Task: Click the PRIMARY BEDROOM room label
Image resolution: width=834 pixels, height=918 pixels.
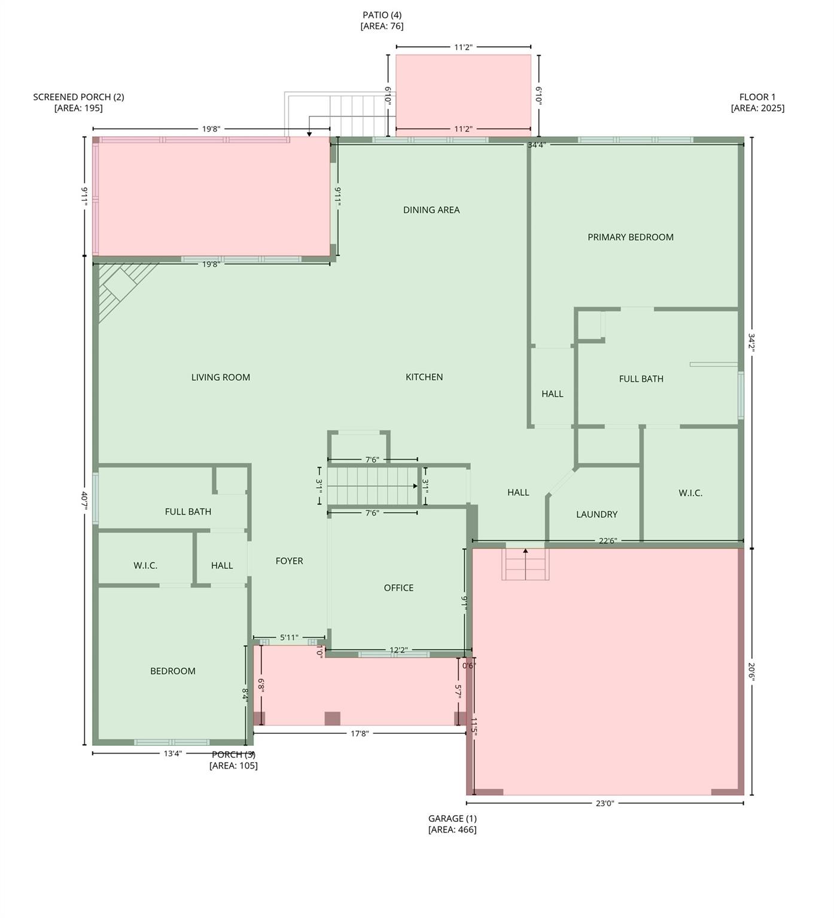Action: tap(630, 237)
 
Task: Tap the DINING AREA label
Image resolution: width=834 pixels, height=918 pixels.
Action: tap(431, 210)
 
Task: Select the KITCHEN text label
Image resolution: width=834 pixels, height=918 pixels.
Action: tap(424, 377)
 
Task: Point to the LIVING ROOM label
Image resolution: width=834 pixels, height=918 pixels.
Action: tap(221, 377)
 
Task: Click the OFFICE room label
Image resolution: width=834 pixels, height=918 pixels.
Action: tap(398, 588)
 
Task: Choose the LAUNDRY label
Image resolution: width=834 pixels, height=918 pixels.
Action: tap(596, 515)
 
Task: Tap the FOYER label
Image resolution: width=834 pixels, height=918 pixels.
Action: tap(289, 561)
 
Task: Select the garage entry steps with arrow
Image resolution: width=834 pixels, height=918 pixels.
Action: tap(525, 564)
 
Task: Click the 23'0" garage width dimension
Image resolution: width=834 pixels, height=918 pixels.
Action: tap(605, 803)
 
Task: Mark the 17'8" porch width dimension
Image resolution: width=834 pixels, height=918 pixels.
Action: tap(359, 733)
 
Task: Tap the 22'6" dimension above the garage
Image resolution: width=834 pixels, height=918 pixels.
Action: tap(607, 541)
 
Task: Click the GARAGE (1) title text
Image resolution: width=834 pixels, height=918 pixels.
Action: tap(452, 819)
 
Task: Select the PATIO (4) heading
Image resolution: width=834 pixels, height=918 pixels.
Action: tap(382, 15)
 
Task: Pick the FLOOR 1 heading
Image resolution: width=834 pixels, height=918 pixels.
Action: tap(757, 97)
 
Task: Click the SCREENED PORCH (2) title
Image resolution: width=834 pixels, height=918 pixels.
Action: tap(78, 97)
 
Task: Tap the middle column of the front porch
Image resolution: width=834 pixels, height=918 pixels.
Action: tap(332, 718)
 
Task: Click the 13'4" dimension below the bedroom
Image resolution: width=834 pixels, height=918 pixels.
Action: tap(172, 754)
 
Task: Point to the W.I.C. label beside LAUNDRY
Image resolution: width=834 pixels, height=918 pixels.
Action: tap(690, 493)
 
